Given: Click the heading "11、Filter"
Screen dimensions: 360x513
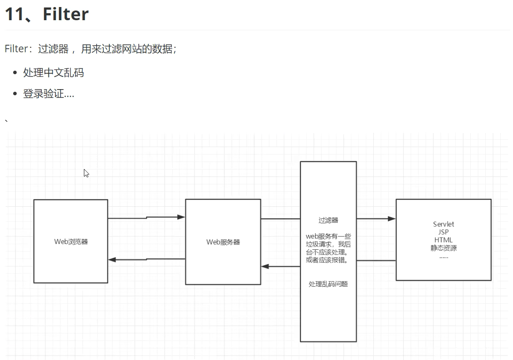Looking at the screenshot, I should click(x=47, y=14).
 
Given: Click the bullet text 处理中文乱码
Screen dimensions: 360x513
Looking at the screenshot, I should click(x=53, y=73).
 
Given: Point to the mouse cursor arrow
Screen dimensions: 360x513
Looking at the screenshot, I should click(x=86, y=173).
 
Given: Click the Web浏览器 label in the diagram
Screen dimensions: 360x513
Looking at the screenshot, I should click(x=71, y=241).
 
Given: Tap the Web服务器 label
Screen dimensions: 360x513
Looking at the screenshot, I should click(x=223, y=242).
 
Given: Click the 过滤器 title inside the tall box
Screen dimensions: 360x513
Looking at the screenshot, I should click(x=328, y=220).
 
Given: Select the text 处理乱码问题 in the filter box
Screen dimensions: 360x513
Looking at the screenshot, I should click(x=328, y=284).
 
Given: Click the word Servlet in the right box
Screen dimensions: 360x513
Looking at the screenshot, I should click(x=443, y=224).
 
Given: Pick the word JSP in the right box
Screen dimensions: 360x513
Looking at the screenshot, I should click(x=443, y=232).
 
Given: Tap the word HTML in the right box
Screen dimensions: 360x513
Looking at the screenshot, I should click(x=443, y=240).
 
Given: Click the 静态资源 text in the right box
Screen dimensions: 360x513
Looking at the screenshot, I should click(x=443, y=248).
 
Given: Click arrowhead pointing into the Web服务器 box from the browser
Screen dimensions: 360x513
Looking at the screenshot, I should click(x=181, y=217).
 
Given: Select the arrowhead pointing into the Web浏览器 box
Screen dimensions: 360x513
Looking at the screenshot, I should click(x=112, y=260).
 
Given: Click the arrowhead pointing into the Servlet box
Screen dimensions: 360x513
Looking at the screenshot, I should click(x=391, y=219).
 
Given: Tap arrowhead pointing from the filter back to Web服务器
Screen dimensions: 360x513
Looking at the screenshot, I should click(x=265, y=266).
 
